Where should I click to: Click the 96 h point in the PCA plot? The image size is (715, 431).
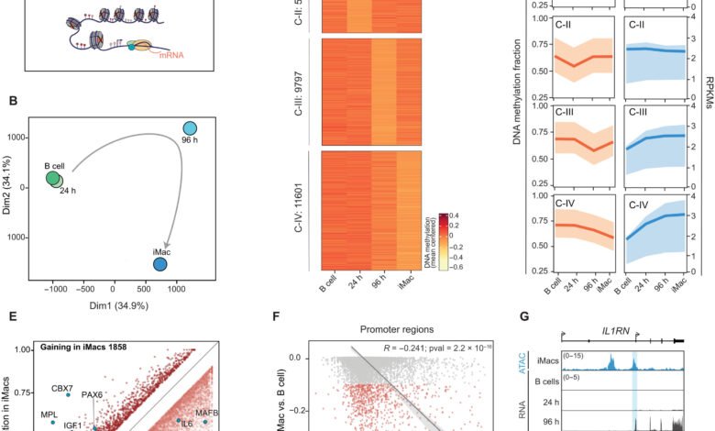(190, 128)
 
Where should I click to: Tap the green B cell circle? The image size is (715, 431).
(53, 177)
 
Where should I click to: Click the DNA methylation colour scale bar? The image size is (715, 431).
(441, 238)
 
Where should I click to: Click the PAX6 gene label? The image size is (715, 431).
(117, 396)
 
